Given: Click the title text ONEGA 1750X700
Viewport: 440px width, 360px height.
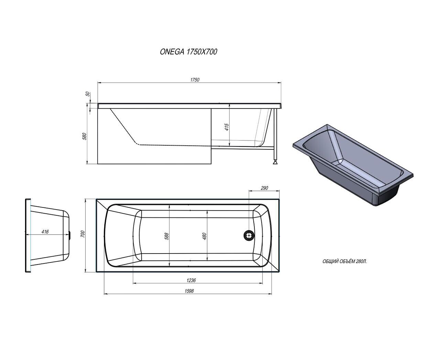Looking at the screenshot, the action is pos(188,52).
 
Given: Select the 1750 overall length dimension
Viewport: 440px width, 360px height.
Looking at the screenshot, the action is pos(195,80).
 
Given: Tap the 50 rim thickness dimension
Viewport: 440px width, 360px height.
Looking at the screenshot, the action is pos(88,94).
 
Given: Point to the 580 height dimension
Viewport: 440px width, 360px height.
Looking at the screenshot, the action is pos(84,136).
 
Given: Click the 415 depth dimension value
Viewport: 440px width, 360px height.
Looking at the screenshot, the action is pos(227,127).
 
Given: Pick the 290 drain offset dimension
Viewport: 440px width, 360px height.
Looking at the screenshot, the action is pos(264,188).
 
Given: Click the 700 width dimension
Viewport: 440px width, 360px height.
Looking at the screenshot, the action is pos(82,234).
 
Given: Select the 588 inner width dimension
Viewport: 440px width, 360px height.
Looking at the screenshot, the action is pos(167,236).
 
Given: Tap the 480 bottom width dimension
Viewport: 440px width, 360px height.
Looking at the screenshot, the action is pos(205,236).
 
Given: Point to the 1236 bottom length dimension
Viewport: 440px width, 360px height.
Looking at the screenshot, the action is pos(191,280).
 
